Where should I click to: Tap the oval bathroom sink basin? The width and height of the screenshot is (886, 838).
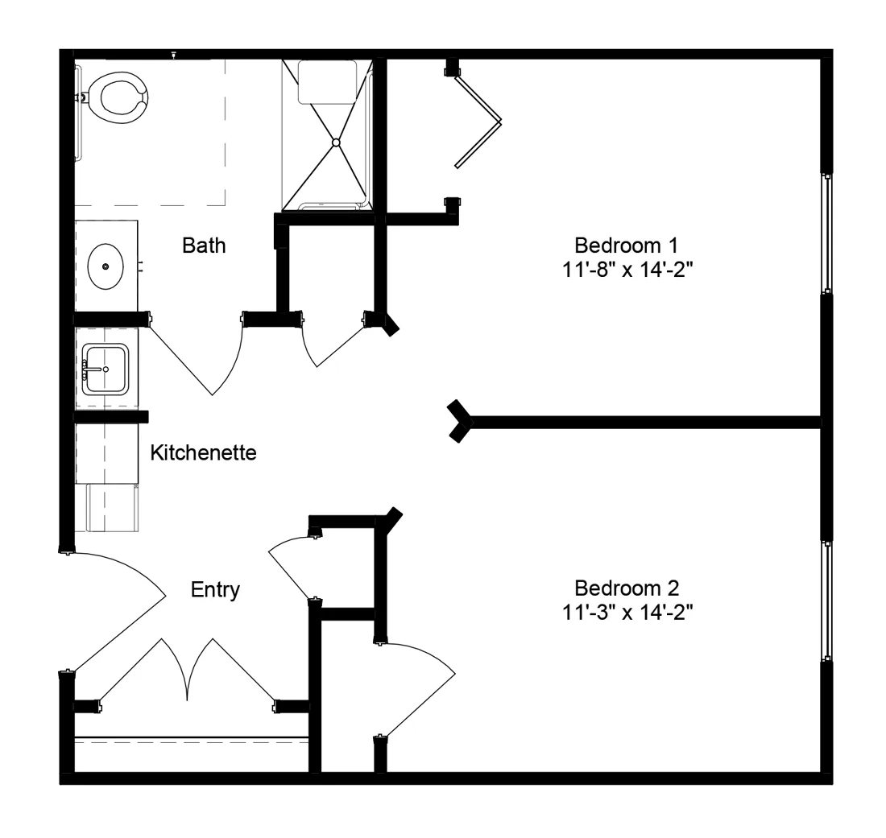click(106, 266)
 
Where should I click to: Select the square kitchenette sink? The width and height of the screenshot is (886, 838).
click(105, 369)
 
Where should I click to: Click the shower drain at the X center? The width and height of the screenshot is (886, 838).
click(336, 142)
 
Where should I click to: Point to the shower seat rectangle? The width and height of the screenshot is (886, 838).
click(327, 81)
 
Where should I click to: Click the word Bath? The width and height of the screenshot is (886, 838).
click(204, 246)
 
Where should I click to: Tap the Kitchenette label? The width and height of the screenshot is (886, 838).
click(204, 453)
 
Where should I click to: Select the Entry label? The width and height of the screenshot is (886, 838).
click(215, 590)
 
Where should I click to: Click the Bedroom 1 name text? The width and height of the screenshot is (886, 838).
click(626, 246)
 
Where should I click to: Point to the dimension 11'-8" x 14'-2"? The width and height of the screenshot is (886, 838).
click(627, 270)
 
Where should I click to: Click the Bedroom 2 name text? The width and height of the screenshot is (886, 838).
click(627, 588)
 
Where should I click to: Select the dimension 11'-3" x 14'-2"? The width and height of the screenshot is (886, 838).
click(627, 612)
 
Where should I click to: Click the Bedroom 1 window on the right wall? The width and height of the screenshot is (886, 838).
click(827, 233)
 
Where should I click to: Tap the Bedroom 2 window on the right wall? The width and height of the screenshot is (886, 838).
click(827, 601)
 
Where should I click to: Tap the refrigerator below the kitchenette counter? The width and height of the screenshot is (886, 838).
click(112, 508)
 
